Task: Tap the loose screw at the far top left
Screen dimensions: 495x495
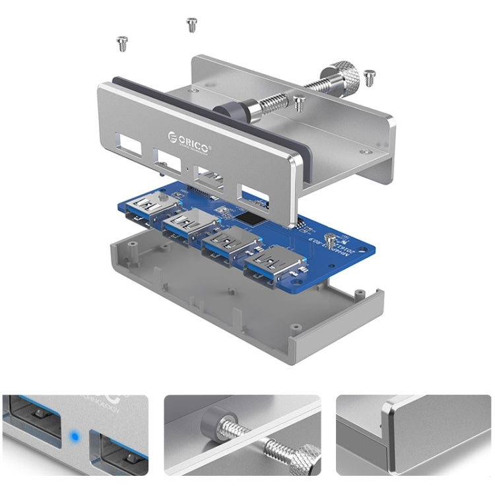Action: [x=122, y=44]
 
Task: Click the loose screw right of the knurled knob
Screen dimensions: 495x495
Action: [x=370, y=78]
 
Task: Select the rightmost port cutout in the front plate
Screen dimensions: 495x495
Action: [x=254, y=194]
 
